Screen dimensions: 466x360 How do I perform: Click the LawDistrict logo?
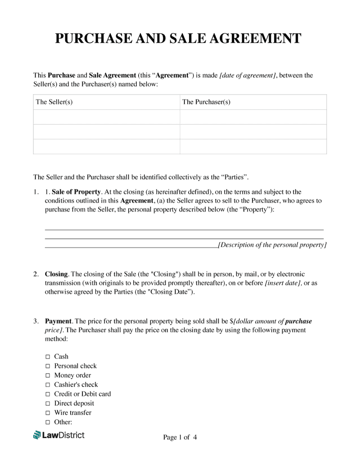coord(58,435)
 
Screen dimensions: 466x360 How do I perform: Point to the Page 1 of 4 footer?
coord(180,437)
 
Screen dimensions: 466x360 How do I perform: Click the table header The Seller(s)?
coord(54,102)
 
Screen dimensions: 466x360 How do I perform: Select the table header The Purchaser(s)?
coord(206,102)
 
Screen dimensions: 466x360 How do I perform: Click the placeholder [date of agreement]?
coord(247,76)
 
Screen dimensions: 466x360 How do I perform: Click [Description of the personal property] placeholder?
coord(272,245)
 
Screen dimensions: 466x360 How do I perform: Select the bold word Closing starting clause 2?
coord(56,274)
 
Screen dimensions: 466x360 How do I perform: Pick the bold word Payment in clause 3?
coord(58,321)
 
